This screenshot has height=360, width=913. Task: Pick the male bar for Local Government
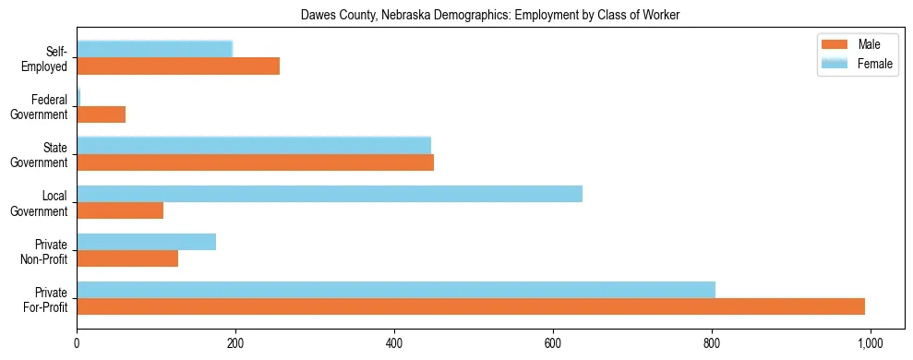(120, 210)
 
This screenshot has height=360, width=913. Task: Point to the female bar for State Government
(254, 145)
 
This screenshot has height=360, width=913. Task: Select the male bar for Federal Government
(101, 114)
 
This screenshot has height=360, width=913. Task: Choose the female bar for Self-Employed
(154, 49)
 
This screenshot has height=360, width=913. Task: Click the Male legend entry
(868, 44)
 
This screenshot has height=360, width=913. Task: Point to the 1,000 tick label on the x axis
(871, 343)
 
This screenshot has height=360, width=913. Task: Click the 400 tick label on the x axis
(394, 343)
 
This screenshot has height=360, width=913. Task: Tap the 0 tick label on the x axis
(77, 343)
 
